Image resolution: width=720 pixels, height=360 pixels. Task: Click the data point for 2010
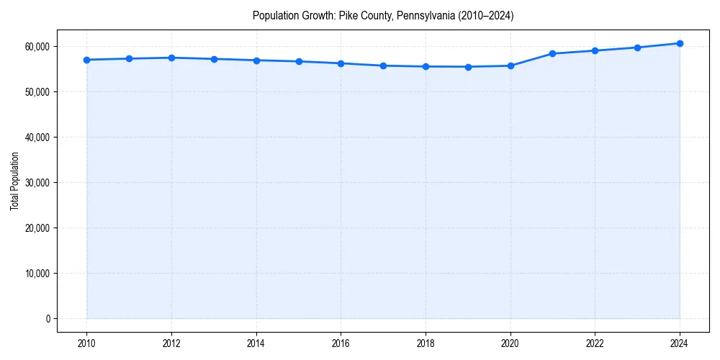86,60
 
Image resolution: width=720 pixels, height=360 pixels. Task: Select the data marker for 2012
171,58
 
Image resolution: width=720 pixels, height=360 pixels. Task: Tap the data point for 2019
468,67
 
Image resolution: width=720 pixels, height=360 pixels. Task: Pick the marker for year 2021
552,53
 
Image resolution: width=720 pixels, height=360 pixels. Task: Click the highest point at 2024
680,43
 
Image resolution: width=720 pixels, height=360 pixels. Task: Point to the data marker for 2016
341,63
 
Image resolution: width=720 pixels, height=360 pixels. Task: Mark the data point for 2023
637,48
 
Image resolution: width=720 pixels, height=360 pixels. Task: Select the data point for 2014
256,60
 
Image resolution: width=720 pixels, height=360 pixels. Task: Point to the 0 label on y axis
48,319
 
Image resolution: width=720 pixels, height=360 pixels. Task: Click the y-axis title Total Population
14,181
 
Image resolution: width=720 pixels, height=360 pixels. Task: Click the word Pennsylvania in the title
419,15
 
